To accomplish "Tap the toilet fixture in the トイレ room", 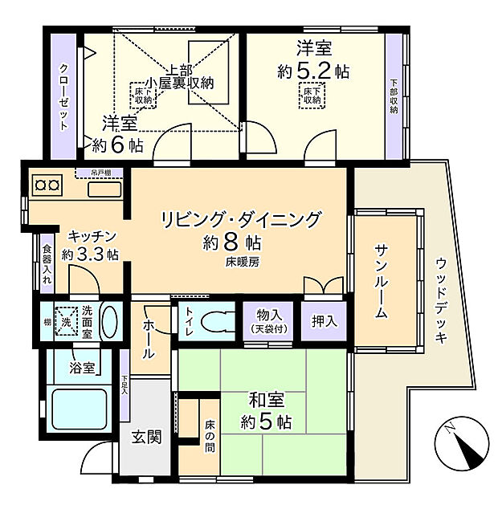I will [214, 321].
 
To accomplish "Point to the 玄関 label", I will [146, 437].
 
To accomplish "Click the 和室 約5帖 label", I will [266, 410].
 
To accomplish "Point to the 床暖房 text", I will [242, 261].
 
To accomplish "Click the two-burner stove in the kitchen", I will [47, 186].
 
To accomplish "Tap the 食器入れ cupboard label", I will [47, 264].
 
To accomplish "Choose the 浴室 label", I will [81, 368].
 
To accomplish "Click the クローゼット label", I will [63, 96].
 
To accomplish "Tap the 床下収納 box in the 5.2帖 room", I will [312, 95].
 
